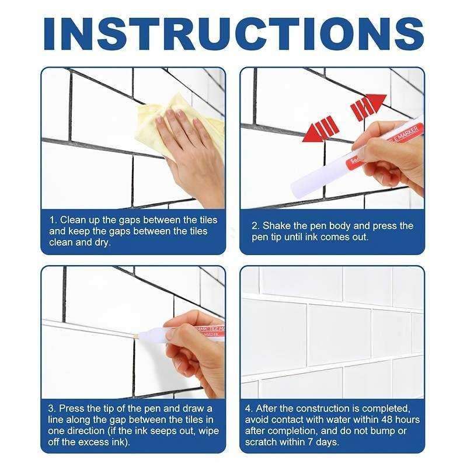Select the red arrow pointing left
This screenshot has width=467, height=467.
coord(319,128)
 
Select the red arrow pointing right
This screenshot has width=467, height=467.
coord(368,106)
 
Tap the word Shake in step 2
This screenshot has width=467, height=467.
coord(277,225)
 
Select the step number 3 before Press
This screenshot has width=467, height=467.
coord(52,408)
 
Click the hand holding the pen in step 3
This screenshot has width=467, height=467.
coord(187,344)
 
